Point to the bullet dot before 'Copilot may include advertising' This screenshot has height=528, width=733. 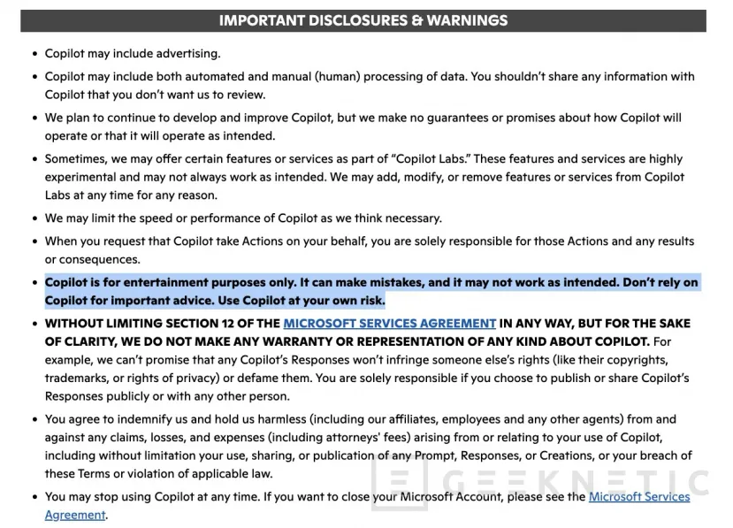34,54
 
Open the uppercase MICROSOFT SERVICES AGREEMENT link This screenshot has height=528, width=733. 389,324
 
